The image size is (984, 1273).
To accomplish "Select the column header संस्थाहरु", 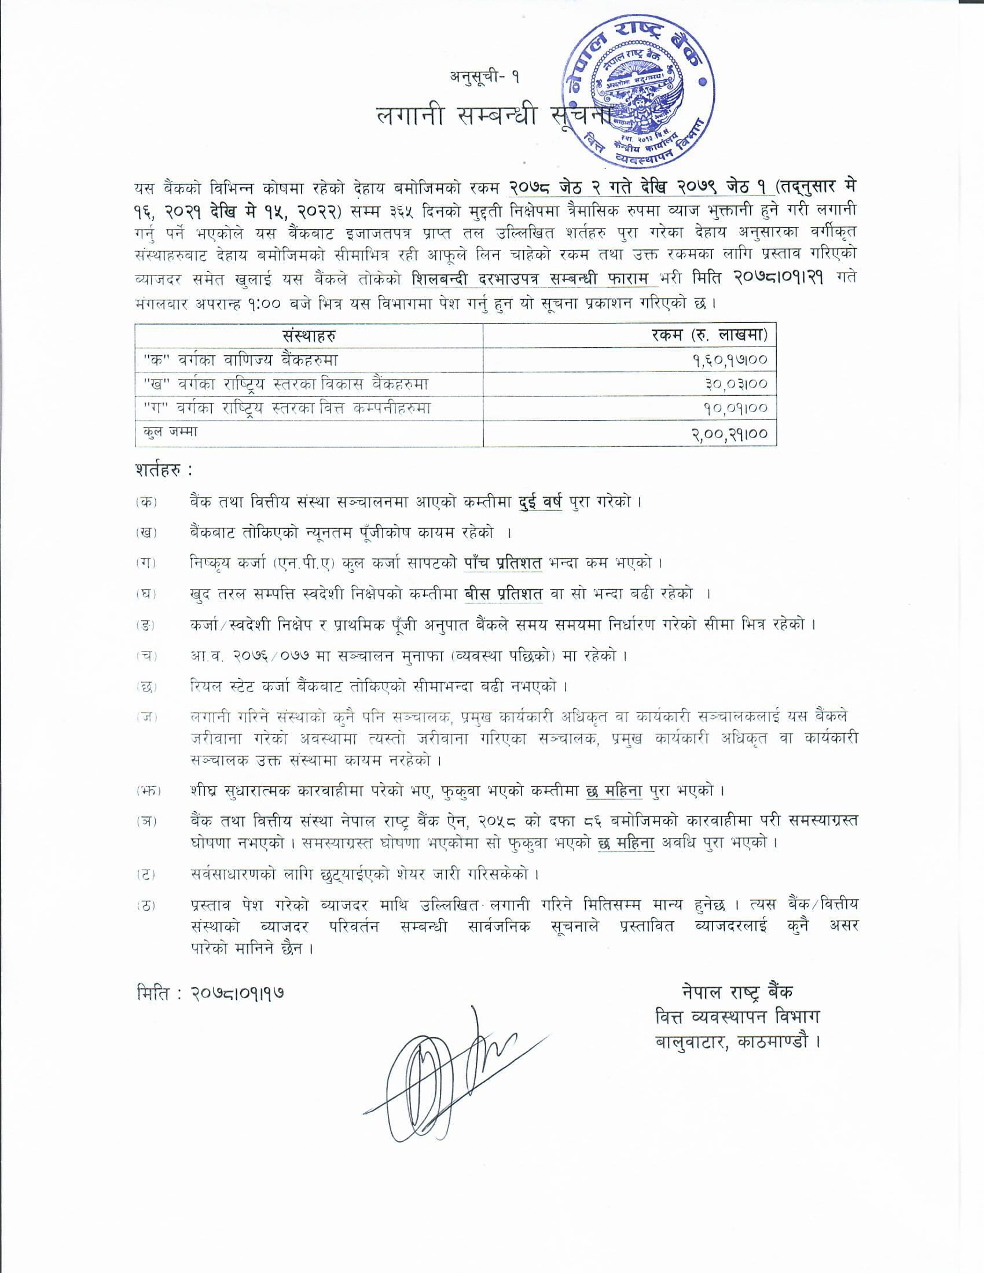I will point(309,336).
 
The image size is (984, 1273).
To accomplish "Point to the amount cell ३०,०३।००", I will point(735,384).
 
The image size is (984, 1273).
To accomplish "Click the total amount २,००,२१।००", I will point(729,433).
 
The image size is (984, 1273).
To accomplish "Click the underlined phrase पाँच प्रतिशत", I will point(504,563).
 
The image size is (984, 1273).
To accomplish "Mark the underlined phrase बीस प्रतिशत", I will point(504,594).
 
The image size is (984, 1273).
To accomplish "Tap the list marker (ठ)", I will point(146,906).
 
